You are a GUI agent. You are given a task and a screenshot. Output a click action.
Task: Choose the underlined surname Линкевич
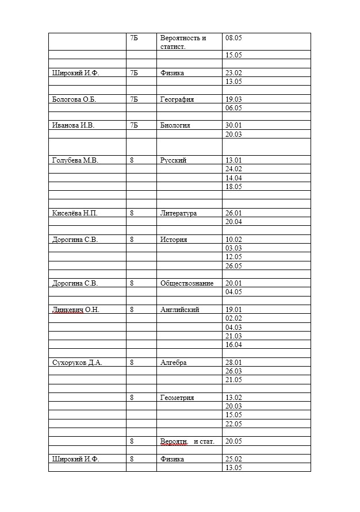[67, 310]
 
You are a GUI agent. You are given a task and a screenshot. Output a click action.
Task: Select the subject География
[177, 99]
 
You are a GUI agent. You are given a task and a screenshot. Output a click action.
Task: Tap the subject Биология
[175, 125]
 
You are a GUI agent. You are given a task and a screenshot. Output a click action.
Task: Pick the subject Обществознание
[187, 283]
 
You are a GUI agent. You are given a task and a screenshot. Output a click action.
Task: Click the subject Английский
[179, 310]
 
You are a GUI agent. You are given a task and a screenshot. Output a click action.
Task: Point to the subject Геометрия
[177, 398]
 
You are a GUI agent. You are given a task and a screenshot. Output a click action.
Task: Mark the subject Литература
[178, 213]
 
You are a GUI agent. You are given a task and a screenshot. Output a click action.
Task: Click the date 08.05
[233, 38]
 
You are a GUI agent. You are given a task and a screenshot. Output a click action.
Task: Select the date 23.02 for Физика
[233, 73]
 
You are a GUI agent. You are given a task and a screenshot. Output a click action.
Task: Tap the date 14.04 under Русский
[233, 178]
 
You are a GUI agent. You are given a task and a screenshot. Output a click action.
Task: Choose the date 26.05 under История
[233, 266]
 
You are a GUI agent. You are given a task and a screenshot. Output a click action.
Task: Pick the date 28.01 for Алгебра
[233, 363]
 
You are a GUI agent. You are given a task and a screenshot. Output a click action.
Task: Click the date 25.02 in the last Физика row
[233, 459]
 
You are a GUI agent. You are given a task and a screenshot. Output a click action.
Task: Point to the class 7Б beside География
[134, 99]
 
